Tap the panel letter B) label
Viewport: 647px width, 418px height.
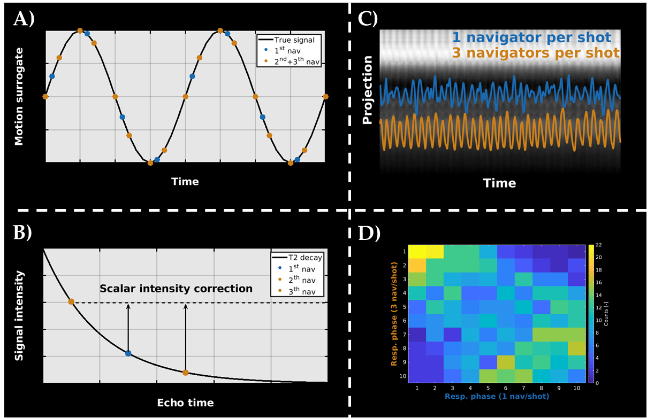[x=23, y=234]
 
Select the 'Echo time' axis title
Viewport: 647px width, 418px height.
[x=185, y=402]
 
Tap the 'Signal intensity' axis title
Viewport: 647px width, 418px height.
[x=19, y=315]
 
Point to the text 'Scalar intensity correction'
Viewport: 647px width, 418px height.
[x=176, y=289]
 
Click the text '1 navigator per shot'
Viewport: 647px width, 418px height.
[x=531, y=37]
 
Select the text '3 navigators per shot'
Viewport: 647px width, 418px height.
[x=536, y=53]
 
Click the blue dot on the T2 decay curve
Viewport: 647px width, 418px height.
[x=128, y=353]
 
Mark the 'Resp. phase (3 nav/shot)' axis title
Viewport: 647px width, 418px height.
[x=395, y=314]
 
